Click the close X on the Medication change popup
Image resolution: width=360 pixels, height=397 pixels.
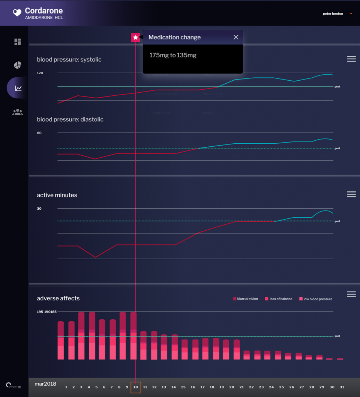tap(236, 37)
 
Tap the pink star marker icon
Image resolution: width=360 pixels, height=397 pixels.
tap(135, 37)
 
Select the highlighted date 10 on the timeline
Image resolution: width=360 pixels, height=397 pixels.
tap(136, 387)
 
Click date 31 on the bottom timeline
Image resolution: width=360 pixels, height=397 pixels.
tap(342, 387)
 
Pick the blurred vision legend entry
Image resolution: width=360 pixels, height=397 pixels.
tap(246, 299)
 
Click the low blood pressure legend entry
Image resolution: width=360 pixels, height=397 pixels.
tap(316, 299)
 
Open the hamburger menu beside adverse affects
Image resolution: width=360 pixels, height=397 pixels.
tap(351, 294)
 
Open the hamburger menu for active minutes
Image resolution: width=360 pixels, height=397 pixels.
tap(351, 194)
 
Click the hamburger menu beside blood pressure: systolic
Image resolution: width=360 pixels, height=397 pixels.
tap(351, 59)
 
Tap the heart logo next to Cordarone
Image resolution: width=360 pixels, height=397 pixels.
tap(17, 13)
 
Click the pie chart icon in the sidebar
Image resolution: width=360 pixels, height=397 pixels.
tap(18, 65)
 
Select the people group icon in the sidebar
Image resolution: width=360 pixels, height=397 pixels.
tap(18, 112)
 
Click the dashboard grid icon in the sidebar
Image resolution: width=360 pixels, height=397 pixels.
tap(18, 42)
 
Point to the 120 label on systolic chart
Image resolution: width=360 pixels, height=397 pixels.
tap(40, 73)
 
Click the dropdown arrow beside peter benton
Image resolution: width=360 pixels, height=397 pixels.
tap(351, 14)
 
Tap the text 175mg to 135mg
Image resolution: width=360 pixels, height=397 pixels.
tap(173, 55)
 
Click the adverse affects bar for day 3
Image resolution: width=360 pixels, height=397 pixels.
tap(81, 336)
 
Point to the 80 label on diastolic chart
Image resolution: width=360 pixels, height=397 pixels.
tap(39, 133)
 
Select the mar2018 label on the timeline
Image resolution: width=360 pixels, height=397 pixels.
tap(45, 384)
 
